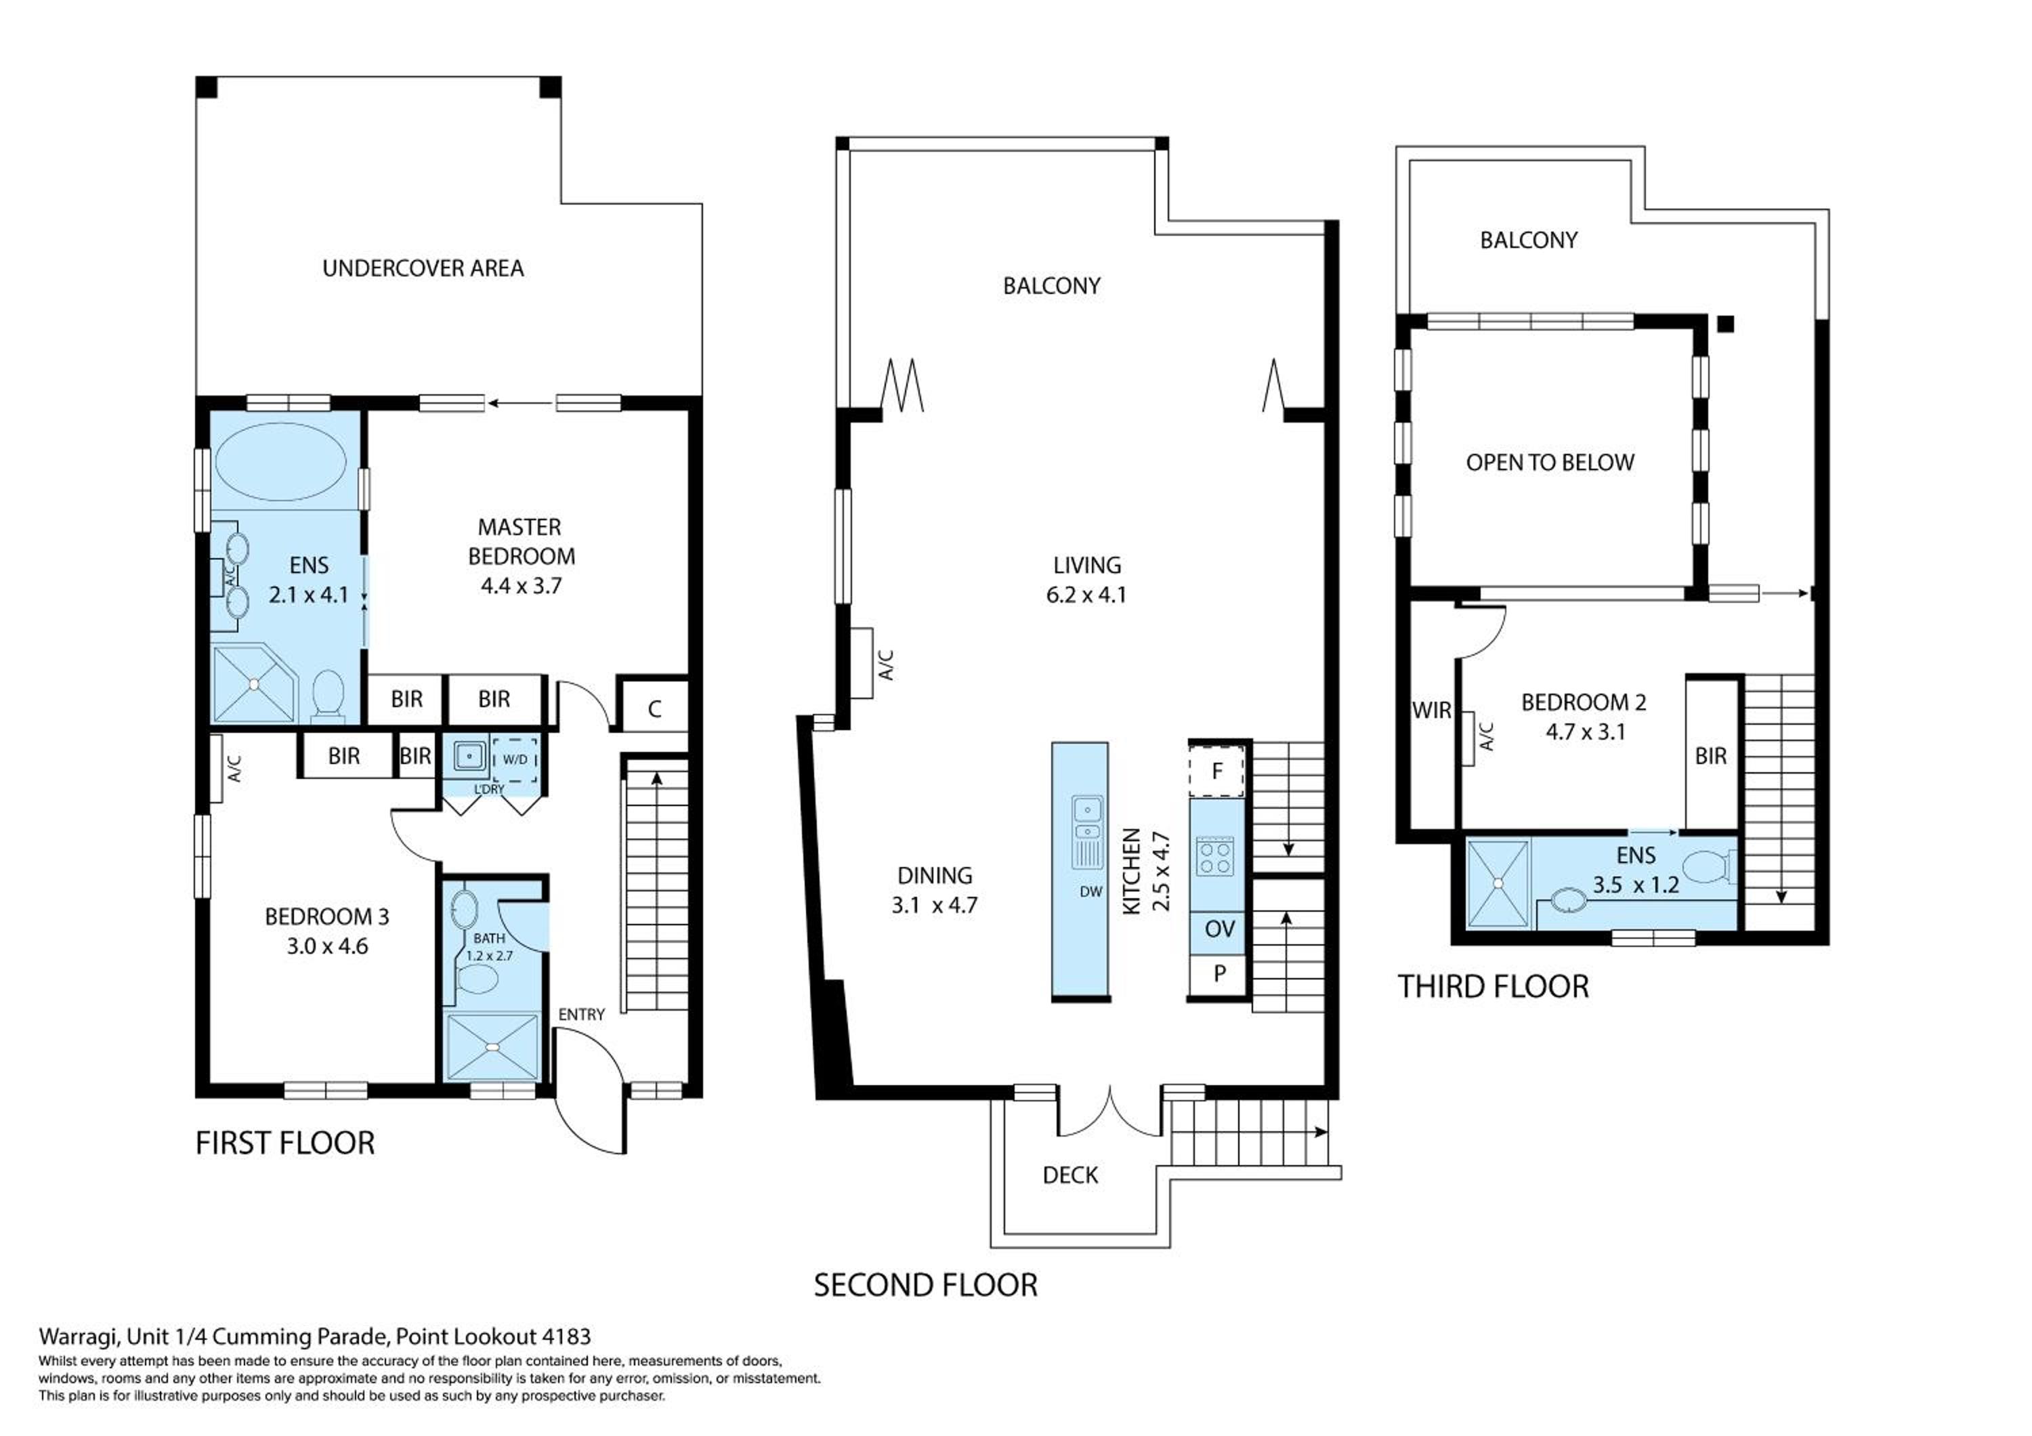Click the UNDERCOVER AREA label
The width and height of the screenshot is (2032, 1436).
[x=423, y=268]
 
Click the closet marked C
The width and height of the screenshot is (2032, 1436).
[x=655, y=708]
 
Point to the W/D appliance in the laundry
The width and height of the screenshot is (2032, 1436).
[x=514, y=759]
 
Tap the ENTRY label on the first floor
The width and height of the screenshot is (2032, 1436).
[x=581, y=1014]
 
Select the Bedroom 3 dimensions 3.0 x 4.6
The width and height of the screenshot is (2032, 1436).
[x=327, y=946]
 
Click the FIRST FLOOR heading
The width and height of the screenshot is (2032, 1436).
[x=285, y=1143]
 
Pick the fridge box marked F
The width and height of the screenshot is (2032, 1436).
[x=1217, y=771]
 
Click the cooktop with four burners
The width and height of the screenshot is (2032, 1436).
[x=1215, y=856]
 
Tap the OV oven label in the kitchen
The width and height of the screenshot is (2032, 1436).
[x=1220, y=929]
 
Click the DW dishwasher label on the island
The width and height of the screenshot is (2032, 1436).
[x=1091, y=892]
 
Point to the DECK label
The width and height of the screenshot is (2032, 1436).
[x=1071, y=1175]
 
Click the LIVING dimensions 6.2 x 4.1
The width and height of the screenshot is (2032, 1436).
[x=1087, y=595]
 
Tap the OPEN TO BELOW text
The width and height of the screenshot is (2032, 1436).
[x=1550, y=463]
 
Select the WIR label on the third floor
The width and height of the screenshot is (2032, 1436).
[x=1431, y=711]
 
